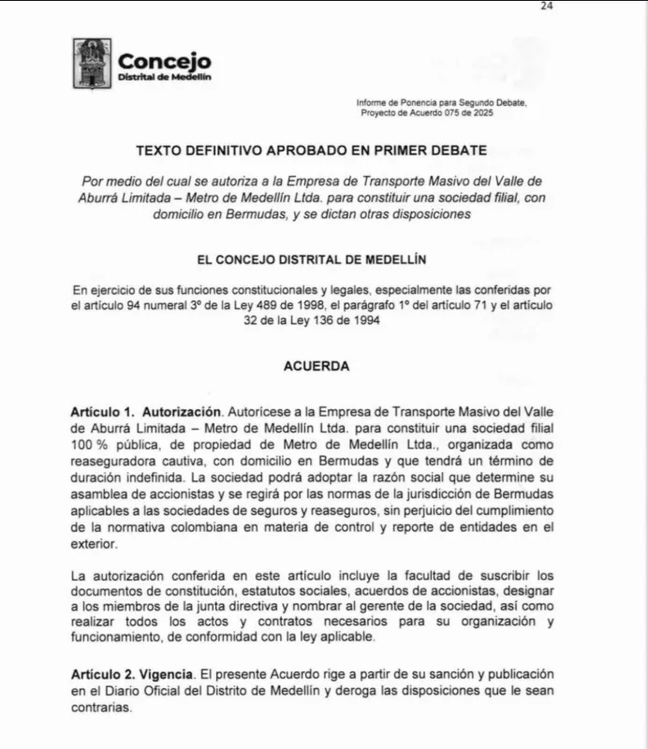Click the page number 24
tap(548, 7)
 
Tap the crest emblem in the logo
tap(92, 63)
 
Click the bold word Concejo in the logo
tap(164, 61)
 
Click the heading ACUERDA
tap(317, 366)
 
